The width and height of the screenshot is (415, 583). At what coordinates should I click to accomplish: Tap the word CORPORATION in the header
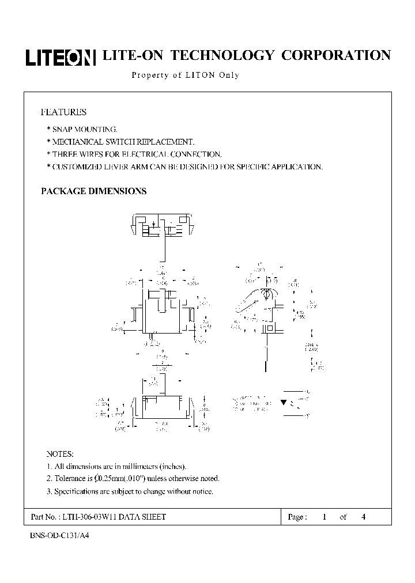point(335,55)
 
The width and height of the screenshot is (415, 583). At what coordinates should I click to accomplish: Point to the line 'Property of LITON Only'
point(185,75)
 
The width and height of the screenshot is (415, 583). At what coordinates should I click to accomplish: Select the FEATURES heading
point(63,112)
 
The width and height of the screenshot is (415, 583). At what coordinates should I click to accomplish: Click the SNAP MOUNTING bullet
point(84,129)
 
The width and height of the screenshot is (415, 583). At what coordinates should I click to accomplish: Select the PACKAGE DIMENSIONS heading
point(93,191)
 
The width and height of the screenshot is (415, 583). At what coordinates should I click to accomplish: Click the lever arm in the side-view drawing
point(247,304)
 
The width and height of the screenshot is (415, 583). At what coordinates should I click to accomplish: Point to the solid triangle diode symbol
point(284,402)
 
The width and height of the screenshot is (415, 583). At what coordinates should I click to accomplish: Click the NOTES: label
point(60,455)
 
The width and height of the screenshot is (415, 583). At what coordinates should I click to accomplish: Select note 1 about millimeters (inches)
point(116,467)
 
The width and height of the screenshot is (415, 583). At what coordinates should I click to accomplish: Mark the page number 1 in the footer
point(325,517)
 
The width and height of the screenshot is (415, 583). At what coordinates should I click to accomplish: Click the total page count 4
point(363,517)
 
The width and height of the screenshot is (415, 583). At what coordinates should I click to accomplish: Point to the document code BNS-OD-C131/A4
point(59,535)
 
